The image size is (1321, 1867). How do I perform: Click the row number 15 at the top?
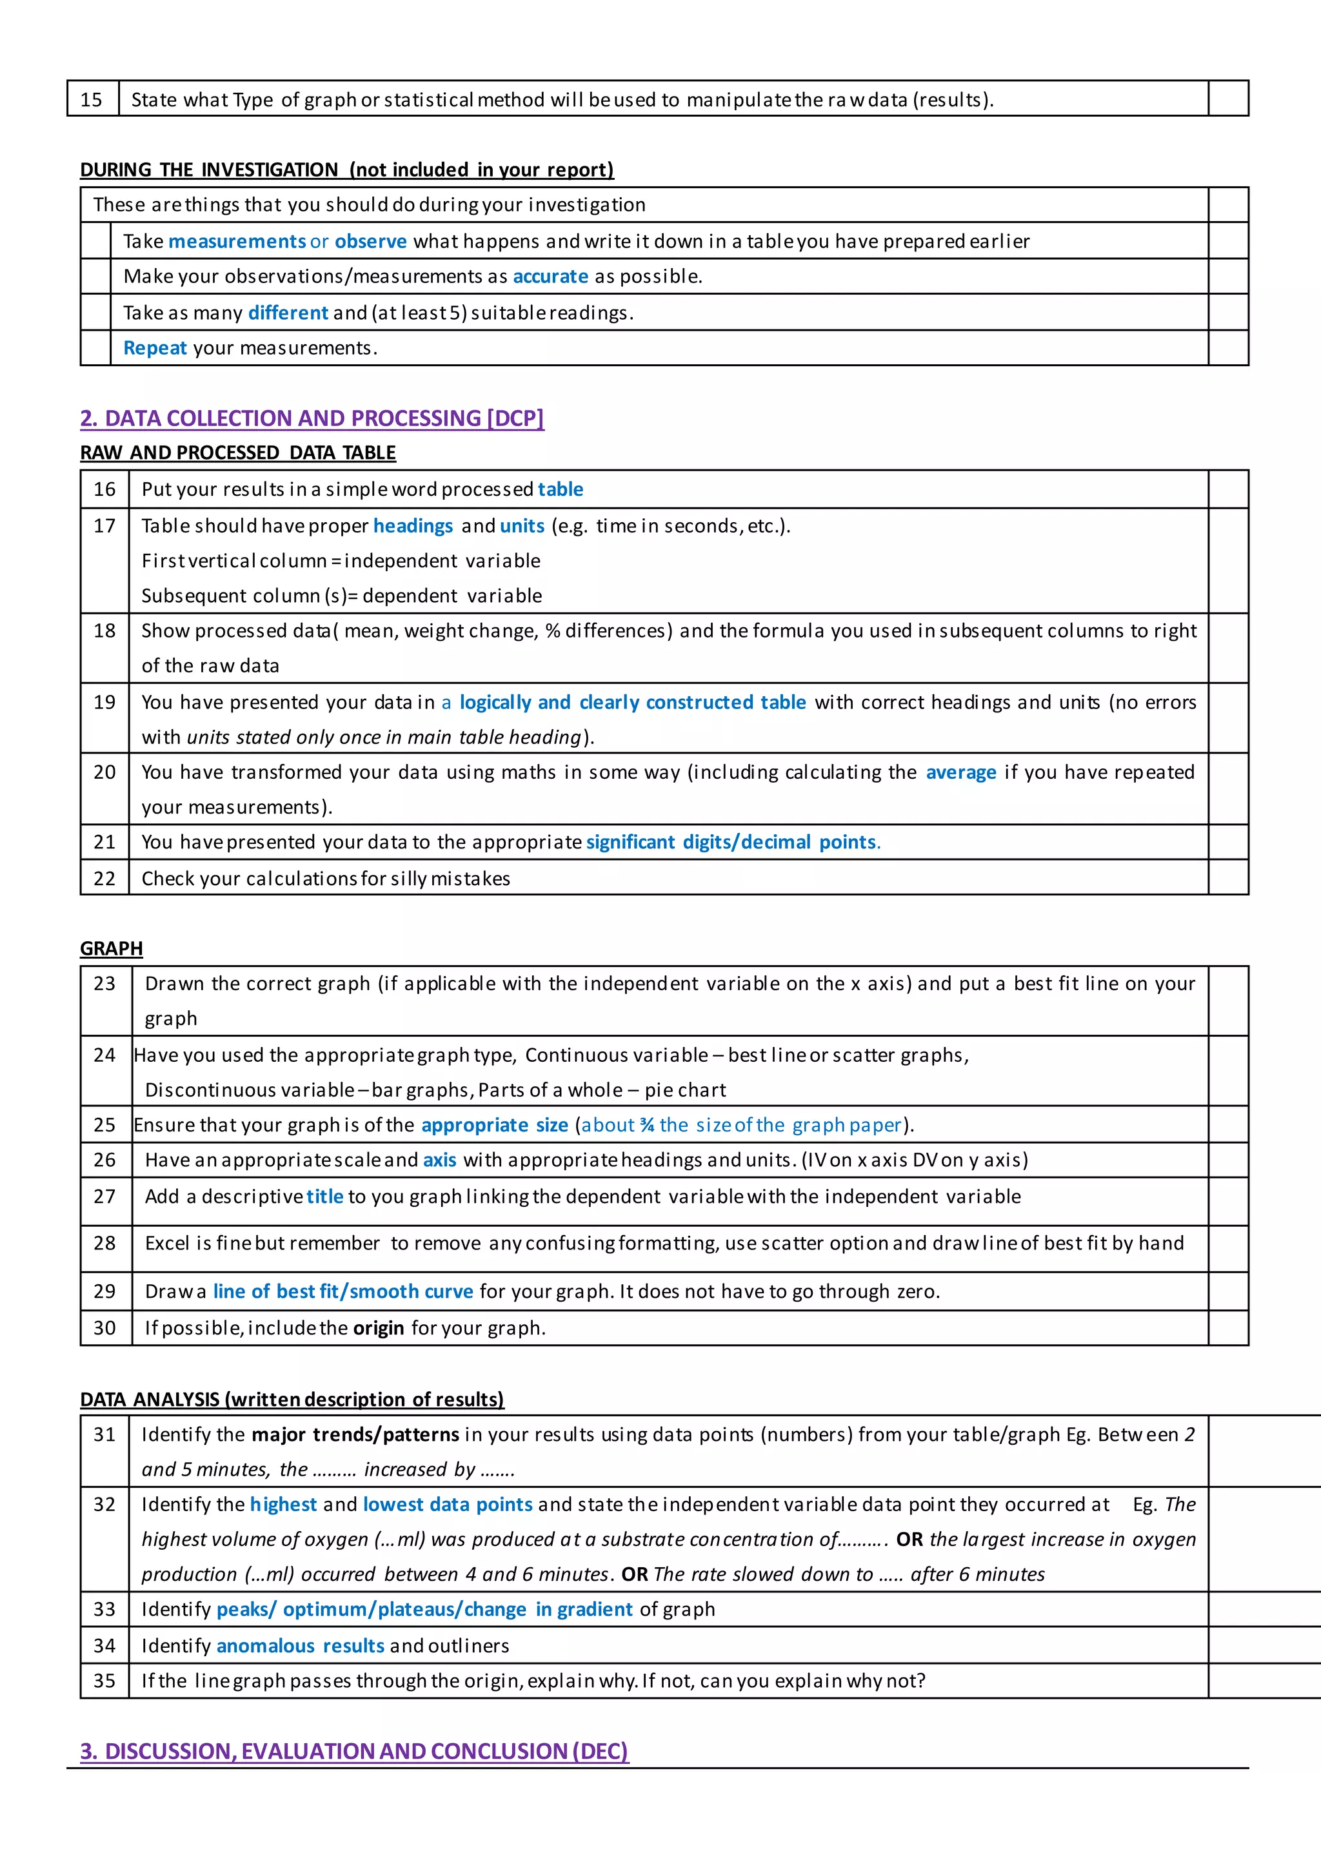[x=91, y=99]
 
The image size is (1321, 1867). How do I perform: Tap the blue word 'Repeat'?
[x=155, y=348]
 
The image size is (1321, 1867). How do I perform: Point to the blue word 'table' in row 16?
[x=561, y=489]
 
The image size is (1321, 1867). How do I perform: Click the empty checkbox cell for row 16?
[x=1227, y=489]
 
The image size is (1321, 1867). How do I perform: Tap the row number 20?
[x=104, y=772]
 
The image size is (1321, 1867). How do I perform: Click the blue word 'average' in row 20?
[x=960, y=772]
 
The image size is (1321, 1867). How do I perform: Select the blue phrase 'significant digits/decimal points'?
[x=731, y=843]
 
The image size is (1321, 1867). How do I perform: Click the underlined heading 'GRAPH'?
[x=112, y=948]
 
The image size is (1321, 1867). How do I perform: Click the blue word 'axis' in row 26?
[x=439, y=1160]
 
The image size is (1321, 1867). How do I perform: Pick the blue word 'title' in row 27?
[x=324, y=1197]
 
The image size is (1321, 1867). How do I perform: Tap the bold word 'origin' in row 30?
[x=378, y=1328]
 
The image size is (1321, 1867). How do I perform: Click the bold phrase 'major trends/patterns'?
[x=355, y=1434]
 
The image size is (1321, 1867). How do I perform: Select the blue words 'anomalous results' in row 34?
[x=300, y=1646]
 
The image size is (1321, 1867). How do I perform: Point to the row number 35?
[x=104, y=1681]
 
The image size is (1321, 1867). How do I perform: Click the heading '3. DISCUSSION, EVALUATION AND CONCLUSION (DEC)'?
[x=354, y=1751]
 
